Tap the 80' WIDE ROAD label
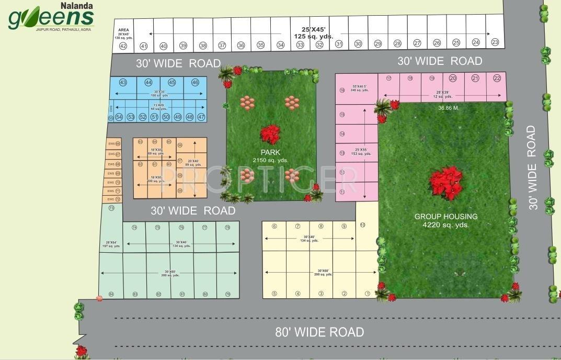pos(319,332)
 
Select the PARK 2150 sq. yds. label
pos(270,156)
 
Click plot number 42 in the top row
pos(123,46)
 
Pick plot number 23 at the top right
pos(495,42)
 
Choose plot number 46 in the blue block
pos(195,83)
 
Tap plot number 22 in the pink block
pos(497,78)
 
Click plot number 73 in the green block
pos(111,208)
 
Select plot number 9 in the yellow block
pos(344,226)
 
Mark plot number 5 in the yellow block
pos(274,294)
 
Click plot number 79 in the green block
pos(227,294)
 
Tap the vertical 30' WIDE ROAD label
pos(532,167)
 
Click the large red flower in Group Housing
pos(446,183)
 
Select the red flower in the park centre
pos(270,134)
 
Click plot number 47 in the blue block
pos(201,117)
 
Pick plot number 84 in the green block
pos(111,294)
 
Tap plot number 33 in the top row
pos(300,45)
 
